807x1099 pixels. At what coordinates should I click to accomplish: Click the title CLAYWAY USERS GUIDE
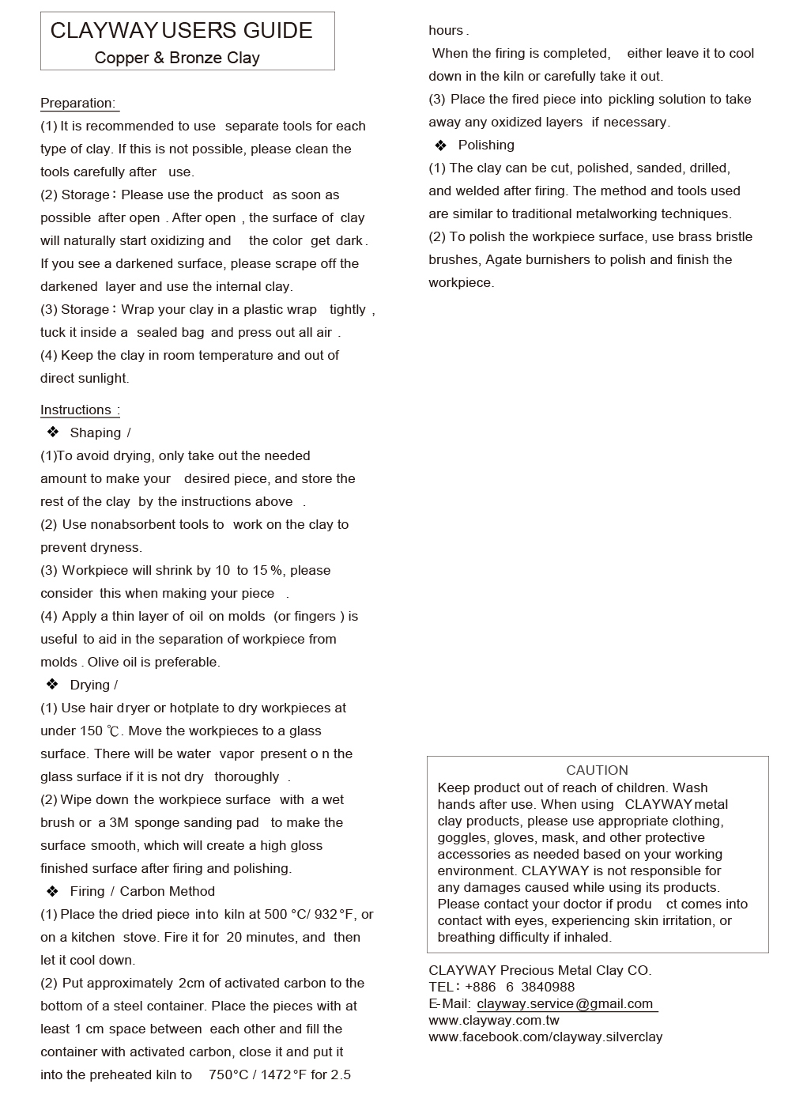point(181,31)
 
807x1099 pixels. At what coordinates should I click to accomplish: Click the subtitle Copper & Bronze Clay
point(177,58)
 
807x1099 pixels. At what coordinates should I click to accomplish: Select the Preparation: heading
point(78,103)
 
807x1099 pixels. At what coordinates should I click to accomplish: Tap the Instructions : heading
point(80,410)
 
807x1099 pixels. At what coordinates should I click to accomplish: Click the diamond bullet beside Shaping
point(53,432)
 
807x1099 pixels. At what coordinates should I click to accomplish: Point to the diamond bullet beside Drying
point(53,685)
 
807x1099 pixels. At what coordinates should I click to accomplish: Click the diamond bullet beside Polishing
point(441,145)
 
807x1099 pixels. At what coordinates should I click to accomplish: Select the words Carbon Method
point(168,891)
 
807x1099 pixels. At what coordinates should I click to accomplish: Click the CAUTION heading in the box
point(597,770)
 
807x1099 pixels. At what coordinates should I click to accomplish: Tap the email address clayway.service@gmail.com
point(565,1003)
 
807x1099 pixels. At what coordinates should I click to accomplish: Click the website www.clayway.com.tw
point(494,1020)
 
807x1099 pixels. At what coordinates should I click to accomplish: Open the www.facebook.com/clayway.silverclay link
point(545,1037)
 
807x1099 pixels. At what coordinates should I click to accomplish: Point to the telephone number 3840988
point(549,987)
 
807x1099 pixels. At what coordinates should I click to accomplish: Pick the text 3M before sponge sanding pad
point(119,822)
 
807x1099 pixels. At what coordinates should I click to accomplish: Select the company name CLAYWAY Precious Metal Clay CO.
point(540,970)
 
